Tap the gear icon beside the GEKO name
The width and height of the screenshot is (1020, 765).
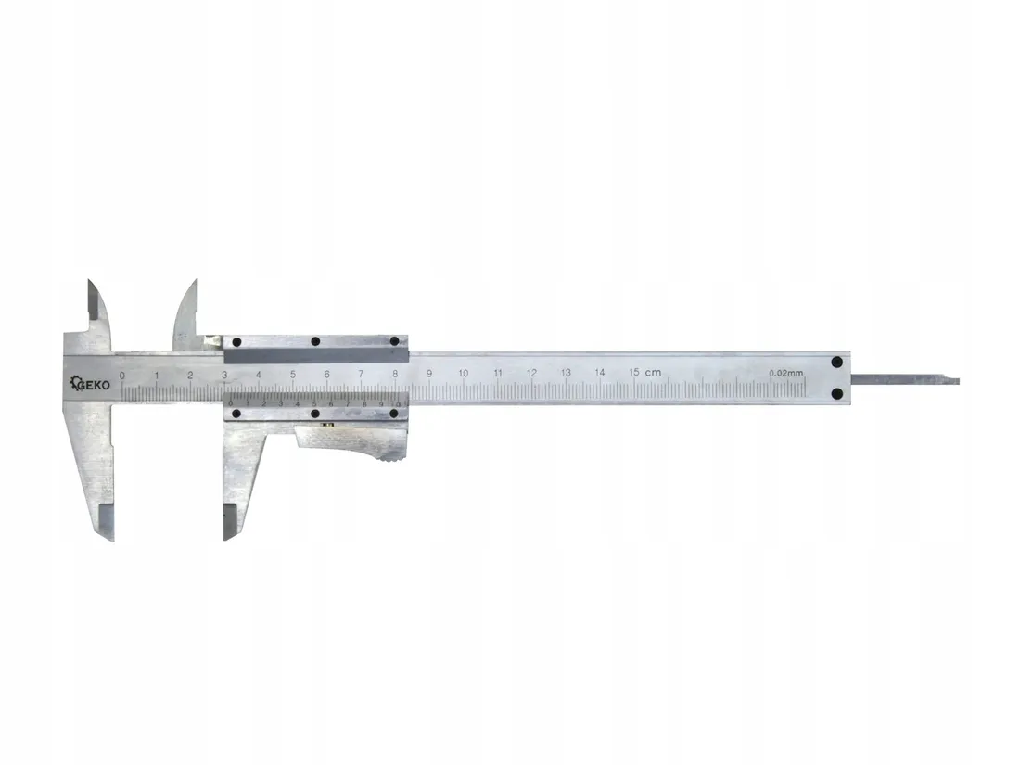pos(78,383)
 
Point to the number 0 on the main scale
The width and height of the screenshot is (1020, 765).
pos(122,375)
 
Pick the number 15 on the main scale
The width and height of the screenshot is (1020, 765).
pos(634,372)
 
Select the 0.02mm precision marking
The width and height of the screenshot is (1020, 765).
pos(785,373)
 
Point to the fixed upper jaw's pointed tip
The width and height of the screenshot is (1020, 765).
pos(90,282)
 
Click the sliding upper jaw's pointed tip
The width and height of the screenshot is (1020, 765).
pos(195,281)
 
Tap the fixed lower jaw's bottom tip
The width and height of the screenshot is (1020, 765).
pos(110,538)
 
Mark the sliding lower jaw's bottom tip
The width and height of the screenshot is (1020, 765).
pos(225,538)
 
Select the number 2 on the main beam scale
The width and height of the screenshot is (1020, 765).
pos(190,375)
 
